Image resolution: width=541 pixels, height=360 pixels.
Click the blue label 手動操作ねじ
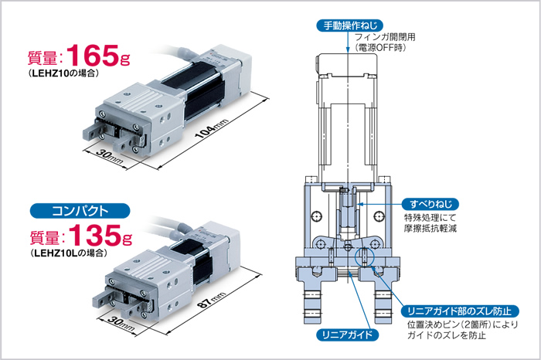[349, 25]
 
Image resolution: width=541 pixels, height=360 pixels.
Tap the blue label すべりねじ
[430, 204]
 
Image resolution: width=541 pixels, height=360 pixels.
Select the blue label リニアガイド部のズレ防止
[460, 311]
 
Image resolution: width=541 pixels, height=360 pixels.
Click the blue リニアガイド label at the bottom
[348, 335]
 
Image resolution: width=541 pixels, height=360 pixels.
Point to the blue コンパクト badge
[80, 211]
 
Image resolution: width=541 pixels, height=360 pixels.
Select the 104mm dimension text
[212, 128]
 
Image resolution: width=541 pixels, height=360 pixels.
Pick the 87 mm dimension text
[212, 300]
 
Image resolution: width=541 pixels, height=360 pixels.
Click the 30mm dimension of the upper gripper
[110, 158]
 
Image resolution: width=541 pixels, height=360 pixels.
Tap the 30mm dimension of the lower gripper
[121, 324]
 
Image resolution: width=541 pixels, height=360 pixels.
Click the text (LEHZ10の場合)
[63, 73]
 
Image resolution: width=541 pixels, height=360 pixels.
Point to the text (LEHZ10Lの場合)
[68, 253]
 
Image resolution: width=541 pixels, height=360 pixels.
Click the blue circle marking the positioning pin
[365, 256]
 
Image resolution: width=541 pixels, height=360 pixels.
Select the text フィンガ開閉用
[385, 37]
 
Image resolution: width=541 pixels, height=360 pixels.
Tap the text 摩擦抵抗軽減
[430, 228]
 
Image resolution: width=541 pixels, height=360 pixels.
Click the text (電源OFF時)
[380, 48]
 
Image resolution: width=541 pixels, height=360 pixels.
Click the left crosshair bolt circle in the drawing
[317, 216]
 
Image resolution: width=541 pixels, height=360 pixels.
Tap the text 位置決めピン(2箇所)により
[463, 324]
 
